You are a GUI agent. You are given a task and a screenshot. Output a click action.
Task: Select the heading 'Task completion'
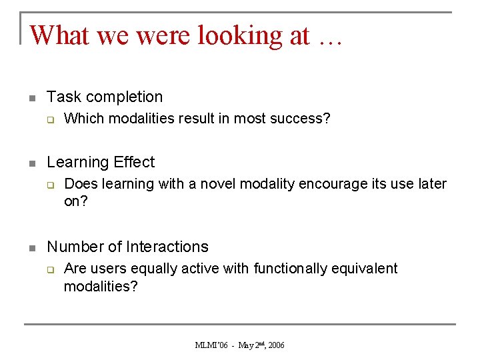click(105, 97)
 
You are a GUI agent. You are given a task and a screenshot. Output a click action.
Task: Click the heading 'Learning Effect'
click(101, 162)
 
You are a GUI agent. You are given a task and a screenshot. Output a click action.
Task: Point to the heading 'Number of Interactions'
click(127, 247)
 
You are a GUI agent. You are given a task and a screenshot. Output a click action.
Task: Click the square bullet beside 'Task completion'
click(31, 98)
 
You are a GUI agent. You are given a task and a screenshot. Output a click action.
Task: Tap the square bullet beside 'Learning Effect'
click(31, 163)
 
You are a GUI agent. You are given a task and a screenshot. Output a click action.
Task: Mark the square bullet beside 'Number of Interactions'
click(31, 248)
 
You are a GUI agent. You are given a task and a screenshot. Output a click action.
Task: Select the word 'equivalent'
click(367, 269)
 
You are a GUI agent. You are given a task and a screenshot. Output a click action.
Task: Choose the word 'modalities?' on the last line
click(101, 286)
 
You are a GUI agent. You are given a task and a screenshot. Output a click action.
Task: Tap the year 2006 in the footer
click(275, 345)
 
